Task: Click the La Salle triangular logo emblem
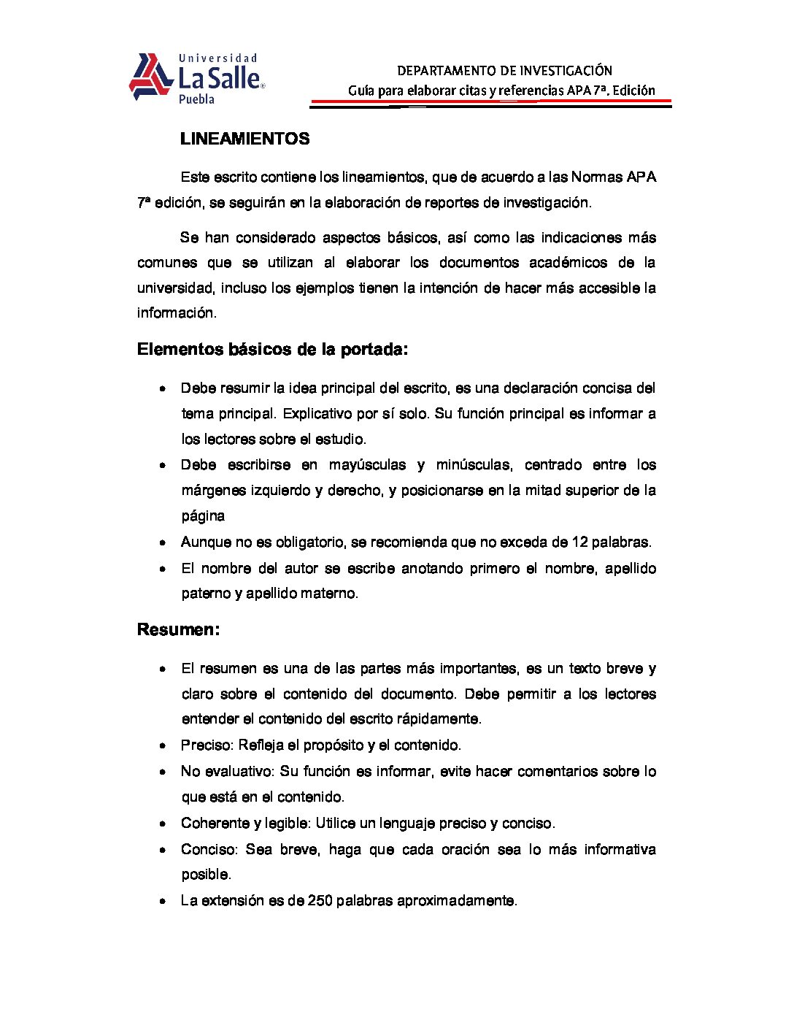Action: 151,77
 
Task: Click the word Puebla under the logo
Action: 196,99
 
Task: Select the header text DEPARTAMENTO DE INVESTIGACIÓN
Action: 504,71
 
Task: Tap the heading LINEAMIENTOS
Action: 244,139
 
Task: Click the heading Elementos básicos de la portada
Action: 272,350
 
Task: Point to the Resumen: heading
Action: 178,629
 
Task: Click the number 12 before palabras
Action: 579,542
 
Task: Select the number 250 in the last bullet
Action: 320,900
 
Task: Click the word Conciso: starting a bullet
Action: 209,849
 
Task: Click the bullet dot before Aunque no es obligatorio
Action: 163,542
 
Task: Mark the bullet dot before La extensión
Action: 163,901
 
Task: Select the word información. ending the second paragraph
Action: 177,313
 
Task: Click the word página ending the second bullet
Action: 203,516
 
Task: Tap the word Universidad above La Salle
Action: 218,58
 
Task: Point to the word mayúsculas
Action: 367,465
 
